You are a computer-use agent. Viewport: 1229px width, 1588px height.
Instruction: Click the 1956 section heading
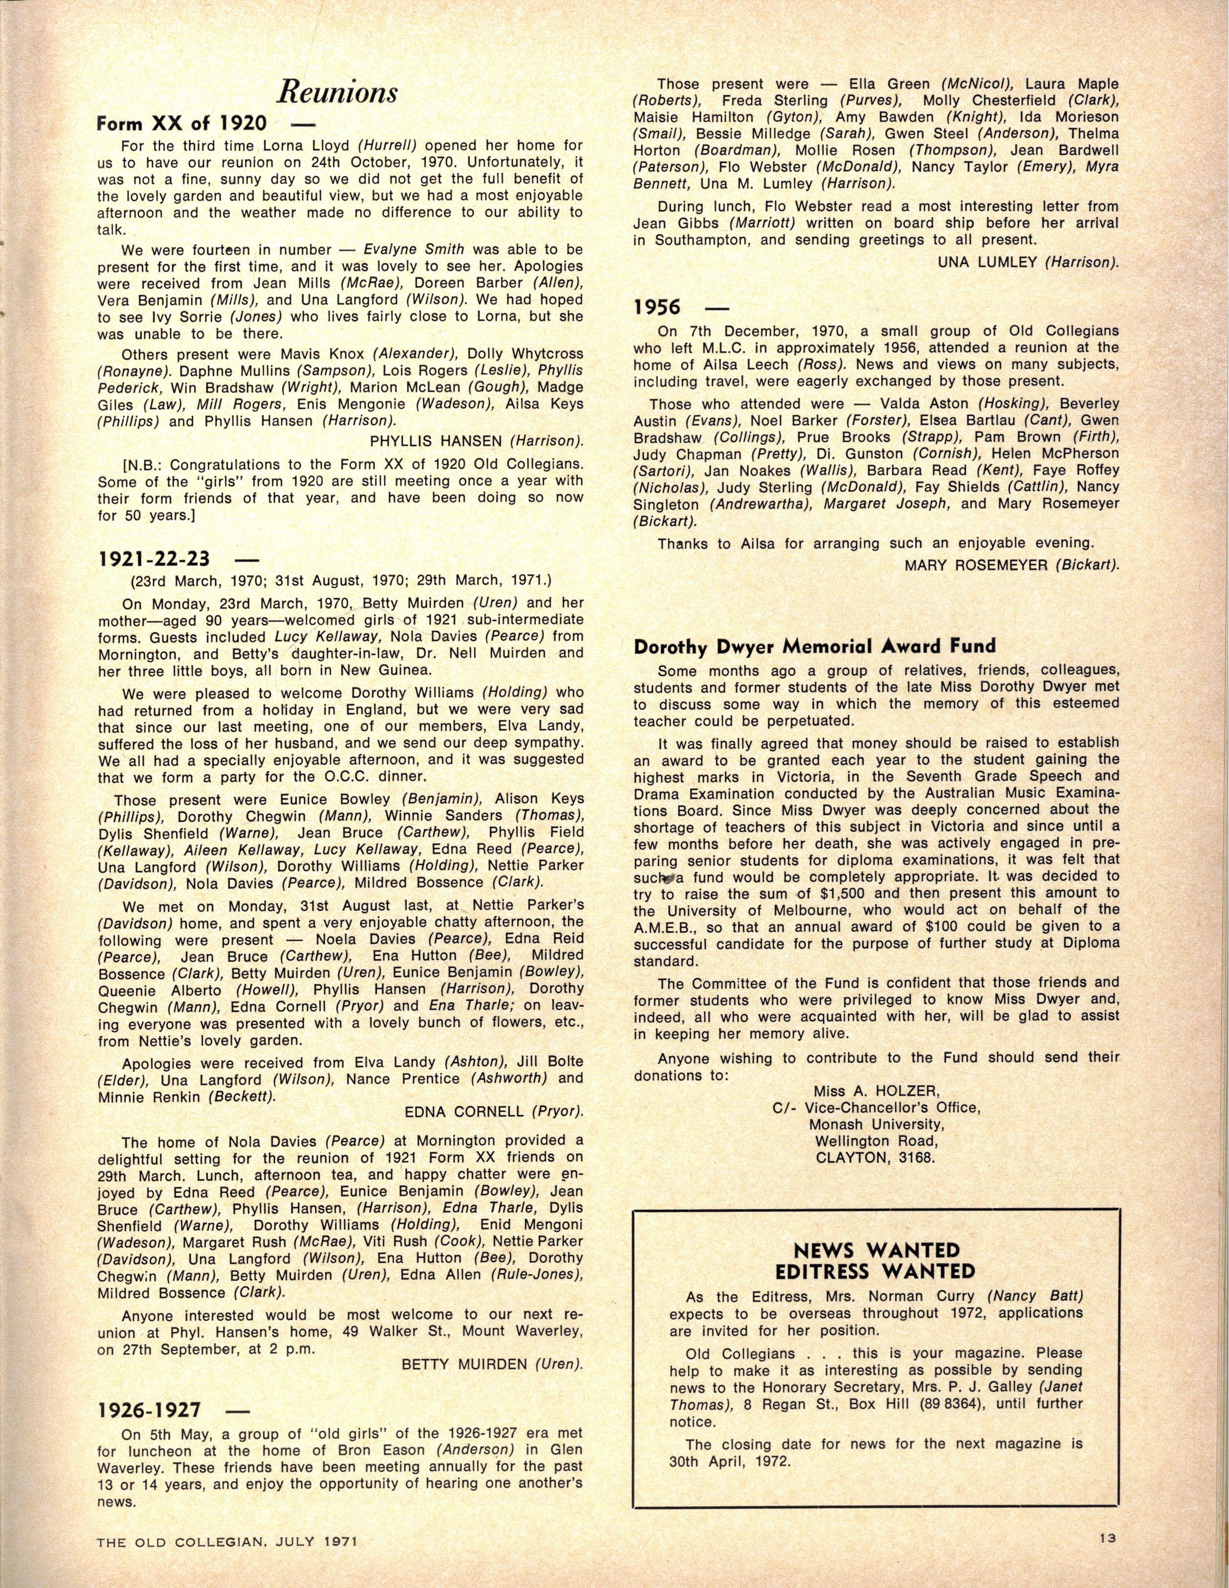click(657, 307)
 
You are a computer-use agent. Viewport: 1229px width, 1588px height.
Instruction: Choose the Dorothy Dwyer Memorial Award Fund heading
click(814, 646)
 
